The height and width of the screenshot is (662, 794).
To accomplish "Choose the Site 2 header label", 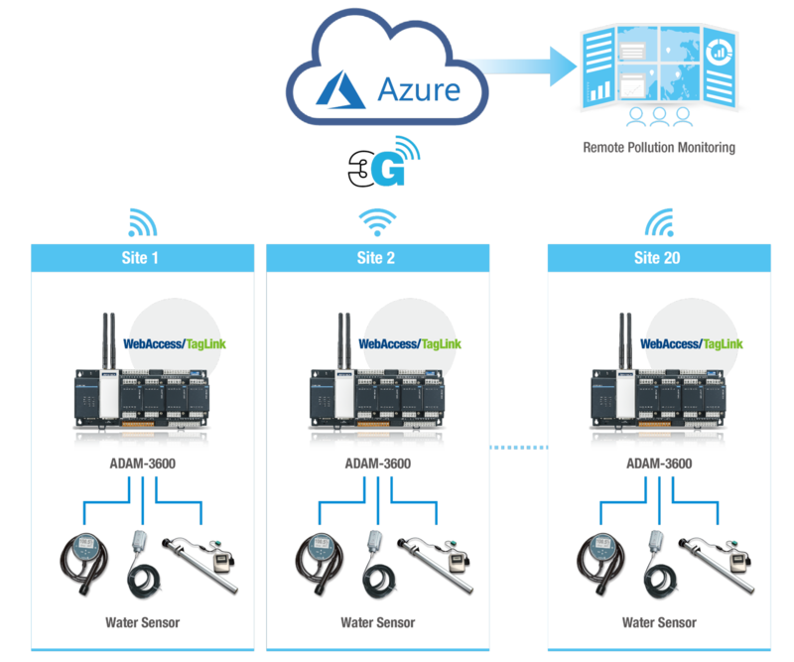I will tap(376, 258).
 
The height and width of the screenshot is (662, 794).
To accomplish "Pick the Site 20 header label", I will tap(658, 258).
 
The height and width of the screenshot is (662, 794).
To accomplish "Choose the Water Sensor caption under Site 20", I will tap(658, 622).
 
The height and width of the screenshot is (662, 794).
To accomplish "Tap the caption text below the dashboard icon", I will tap(660, 147).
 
